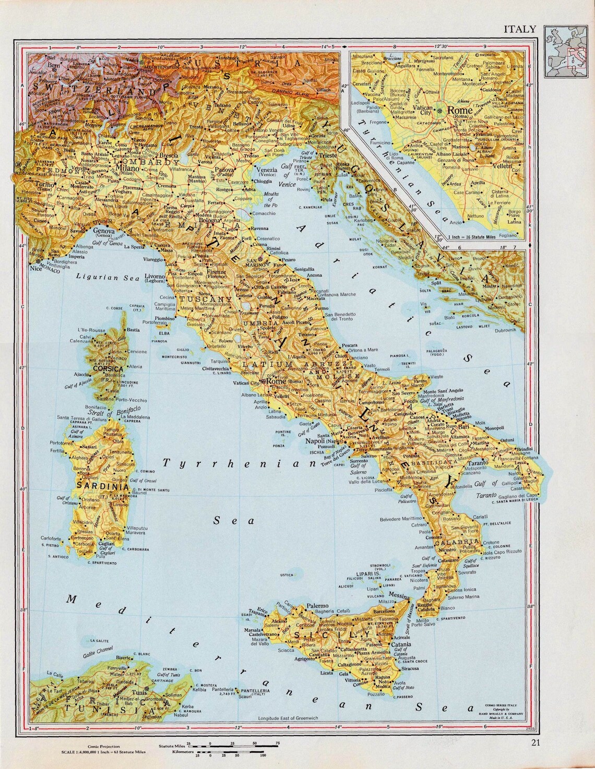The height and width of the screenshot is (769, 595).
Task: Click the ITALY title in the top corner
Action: pos(519,29)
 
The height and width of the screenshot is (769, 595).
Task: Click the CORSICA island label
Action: pos(108,368)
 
